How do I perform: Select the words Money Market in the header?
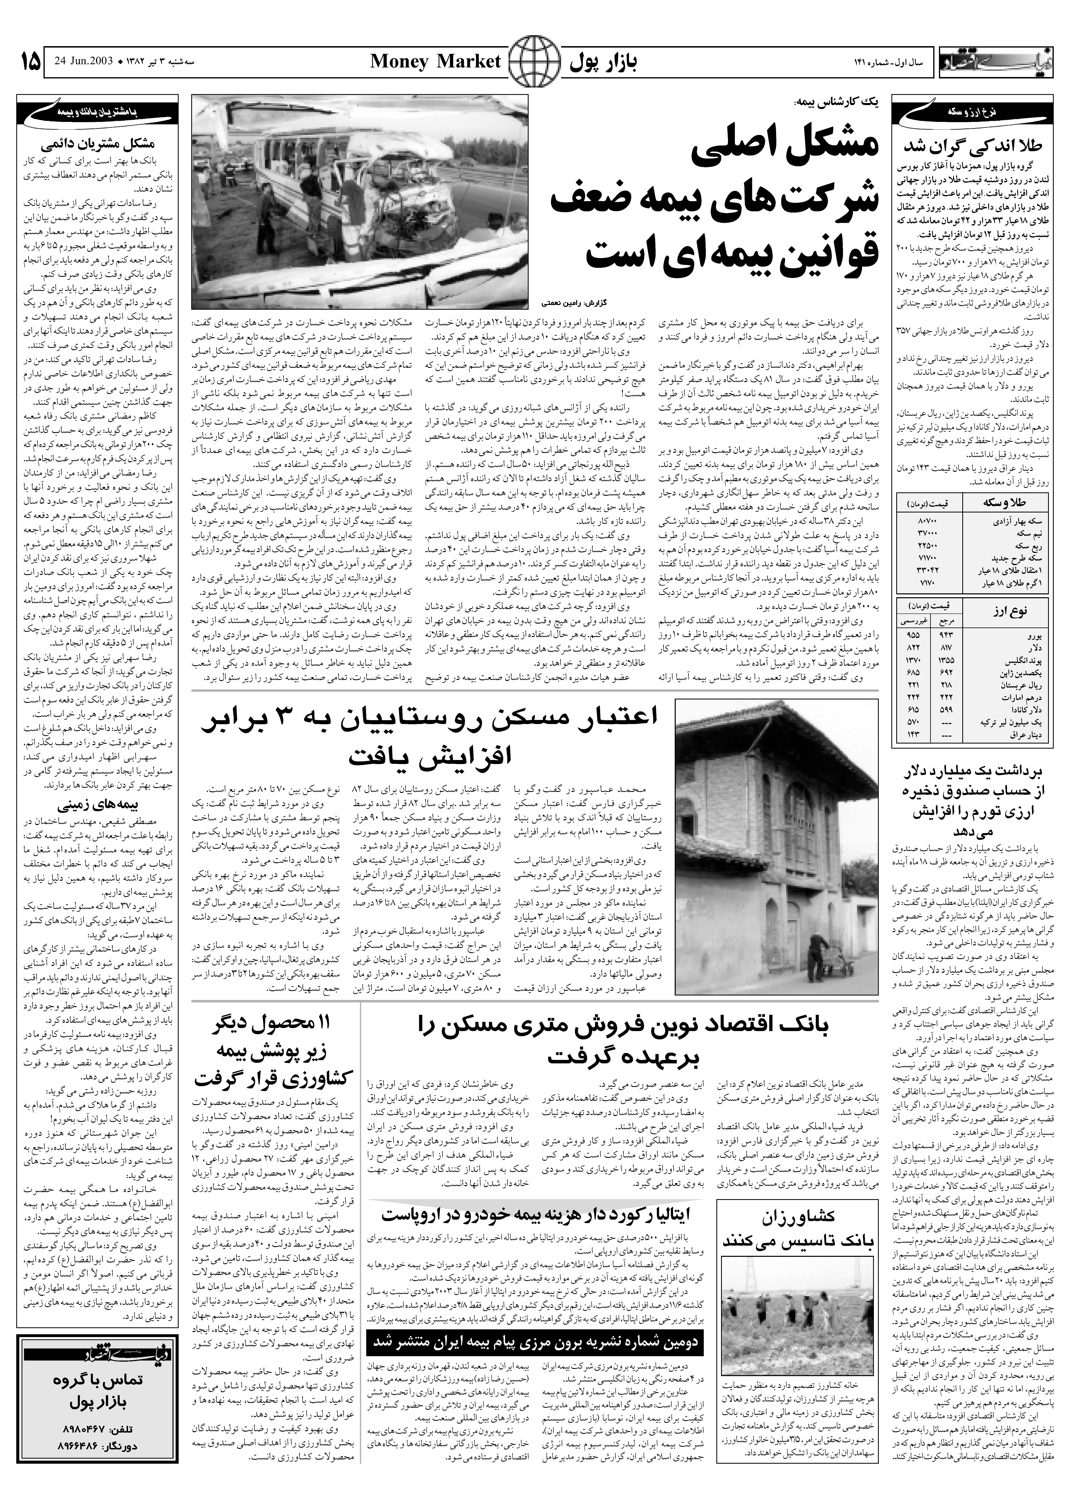point(436,62)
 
